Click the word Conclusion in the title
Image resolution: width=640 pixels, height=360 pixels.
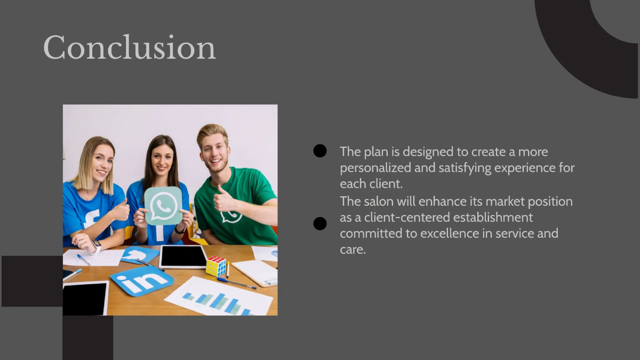click(130, 47)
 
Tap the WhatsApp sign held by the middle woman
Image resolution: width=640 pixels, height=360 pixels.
click(163, 205)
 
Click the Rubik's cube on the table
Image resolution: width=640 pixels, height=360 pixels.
click(216, 266)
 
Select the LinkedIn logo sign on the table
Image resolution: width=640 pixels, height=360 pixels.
click(141, 281)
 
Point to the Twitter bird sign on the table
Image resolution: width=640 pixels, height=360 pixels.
click(140, 255)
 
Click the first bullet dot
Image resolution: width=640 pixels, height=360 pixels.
click(320, 151)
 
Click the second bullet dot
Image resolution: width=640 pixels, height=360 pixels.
click(320, 223)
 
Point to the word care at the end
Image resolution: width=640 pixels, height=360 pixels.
click(352, 249)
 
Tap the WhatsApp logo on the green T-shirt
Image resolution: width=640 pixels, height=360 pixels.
click(231, 216)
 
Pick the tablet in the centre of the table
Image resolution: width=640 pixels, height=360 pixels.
click(183, 257)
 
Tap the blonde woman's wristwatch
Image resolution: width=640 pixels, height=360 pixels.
click(97, 246)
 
